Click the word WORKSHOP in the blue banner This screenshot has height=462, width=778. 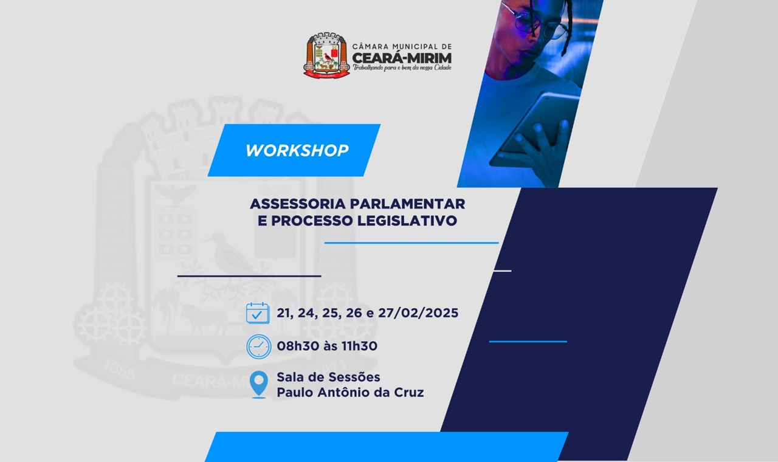click(x=297, y=151)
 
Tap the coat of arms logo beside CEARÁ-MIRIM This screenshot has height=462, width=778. click(x=326, y=55)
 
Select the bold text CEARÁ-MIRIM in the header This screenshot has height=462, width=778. click(x=402, y=58)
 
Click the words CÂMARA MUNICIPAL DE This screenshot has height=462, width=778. click(x=402, y=46)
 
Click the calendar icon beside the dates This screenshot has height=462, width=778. click(x=258, y=313)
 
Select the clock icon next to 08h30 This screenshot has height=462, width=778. click(x=259, y=346)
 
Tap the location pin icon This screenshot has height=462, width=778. click(x=259, y=384)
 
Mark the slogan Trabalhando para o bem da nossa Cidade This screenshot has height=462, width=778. click(x=402, y=68)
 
